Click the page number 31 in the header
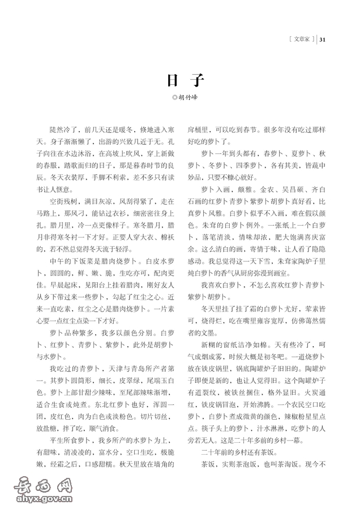(323, 40)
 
